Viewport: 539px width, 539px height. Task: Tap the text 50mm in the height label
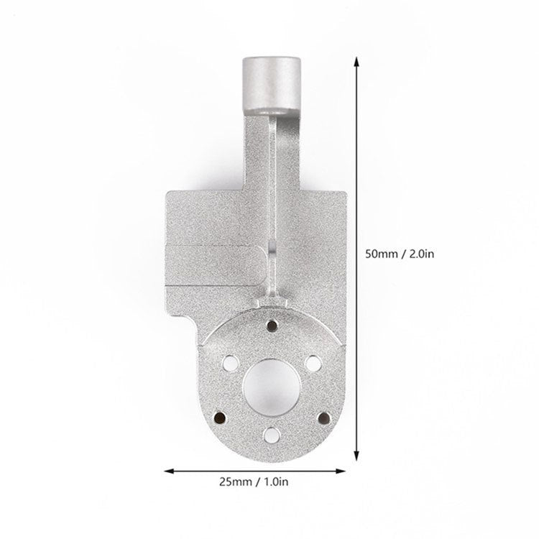382,253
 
